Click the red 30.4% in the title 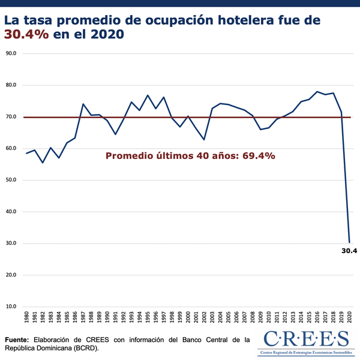(26, 34)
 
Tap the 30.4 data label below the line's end (348, 251)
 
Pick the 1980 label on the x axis (26, 318)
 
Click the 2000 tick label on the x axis (188, 318)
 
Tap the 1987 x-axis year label (83, 318)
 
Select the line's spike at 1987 (83, 104)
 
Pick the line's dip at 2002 (205, 140)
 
